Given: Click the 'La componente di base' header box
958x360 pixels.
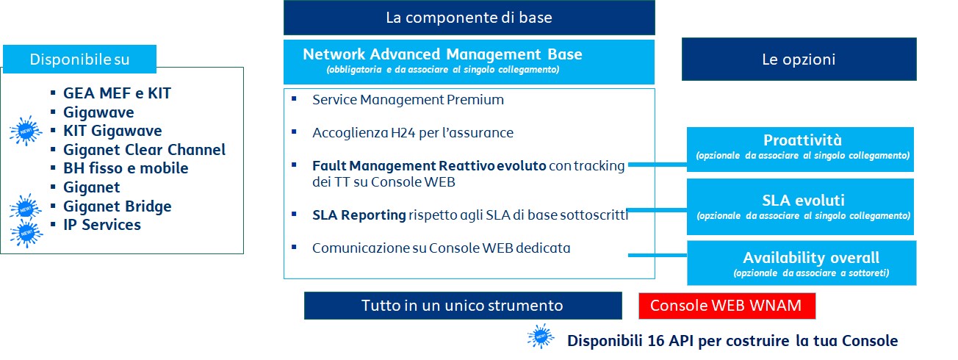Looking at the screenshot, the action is click(x=469, y=18).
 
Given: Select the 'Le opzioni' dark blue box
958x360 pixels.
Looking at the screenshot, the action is click(x=799, y=59).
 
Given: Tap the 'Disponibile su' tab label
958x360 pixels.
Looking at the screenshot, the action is click(x=79, y=59).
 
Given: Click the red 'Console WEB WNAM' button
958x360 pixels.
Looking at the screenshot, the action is click(x=727, y=306).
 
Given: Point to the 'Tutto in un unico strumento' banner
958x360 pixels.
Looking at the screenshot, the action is click(x=463, y=306).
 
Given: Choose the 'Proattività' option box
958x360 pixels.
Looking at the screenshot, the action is click(x=800, y=149).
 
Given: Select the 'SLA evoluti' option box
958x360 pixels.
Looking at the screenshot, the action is click(x=800, y=206).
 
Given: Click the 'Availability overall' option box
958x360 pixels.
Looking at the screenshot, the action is click(x=802, y=263).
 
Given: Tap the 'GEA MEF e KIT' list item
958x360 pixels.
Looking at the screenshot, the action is click(x=117, y=93).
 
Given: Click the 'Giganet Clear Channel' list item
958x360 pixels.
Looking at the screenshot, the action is click(x=144, y=150).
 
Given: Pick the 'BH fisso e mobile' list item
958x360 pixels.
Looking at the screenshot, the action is click(x=126, y=168).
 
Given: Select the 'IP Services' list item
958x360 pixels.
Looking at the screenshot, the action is click(x=102, y=225).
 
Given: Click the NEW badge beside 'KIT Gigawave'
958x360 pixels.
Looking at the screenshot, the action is click(x=26, y=130).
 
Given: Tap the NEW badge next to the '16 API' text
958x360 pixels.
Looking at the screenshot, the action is click(x=541, y=336).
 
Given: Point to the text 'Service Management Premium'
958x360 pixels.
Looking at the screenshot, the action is click(x=408, y=100).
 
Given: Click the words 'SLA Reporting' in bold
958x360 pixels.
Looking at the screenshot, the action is click(x=359, y=215).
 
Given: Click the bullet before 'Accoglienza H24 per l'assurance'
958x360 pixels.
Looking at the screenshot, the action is click(x=294, y=132).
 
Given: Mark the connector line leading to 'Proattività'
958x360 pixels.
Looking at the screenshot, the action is click(x=658, y=164).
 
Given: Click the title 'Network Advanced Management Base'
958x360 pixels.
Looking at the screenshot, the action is click(x=442, y=54).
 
